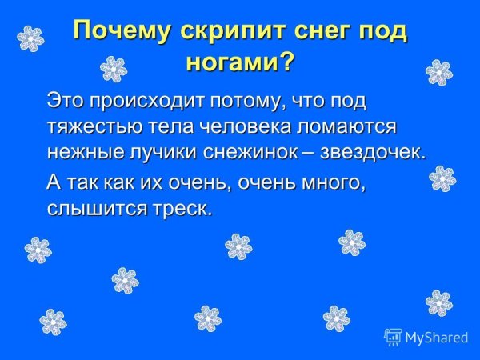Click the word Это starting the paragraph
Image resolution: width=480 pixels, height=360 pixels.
coord(64,100)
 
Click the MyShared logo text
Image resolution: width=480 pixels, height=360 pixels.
coord(435,338)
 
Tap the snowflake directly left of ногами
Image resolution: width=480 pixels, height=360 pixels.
coord(114,69)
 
